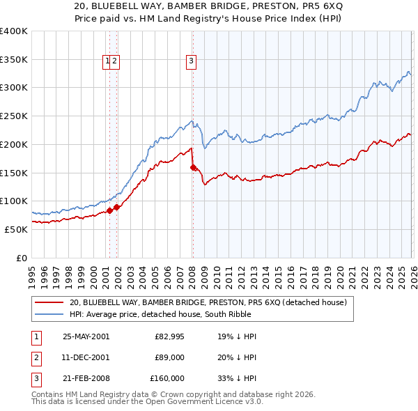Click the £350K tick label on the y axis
(x=14, y=59)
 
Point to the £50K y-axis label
(x=16, y=229)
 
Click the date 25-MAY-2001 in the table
(x=86, y=336)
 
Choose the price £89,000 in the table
(x=170, y=357)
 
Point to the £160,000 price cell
(x=168, y=378)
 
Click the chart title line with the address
(x=209, y=8)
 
